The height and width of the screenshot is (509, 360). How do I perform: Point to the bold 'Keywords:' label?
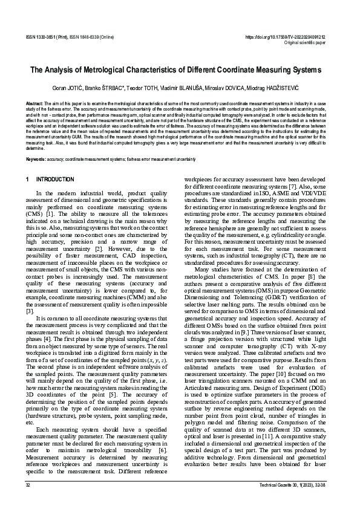(x=37, y=159)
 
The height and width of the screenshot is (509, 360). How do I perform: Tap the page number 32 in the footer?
(x=28, y=485)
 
